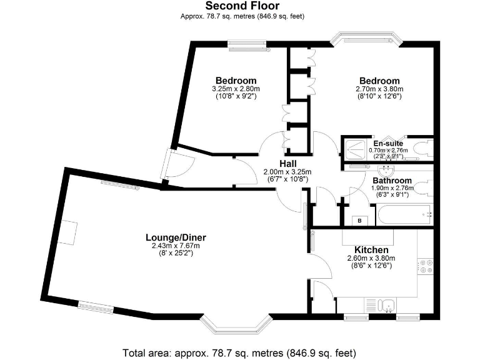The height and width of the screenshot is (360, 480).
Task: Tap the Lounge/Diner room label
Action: [x=176, y=237]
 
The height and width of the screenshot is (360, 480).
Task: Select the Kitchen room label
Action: [x=371, y=249]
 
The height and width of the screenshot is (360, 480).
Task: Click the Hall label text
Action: [x=287, y=163]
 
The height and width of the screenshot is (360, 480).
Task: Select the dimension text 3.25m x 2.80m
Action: [x=236, y=89]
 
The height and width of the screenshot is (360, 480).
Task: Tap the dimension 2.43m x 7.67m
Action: [x=176, y=246]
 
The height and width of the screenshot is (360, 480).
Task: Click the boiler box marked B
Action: [x=360, y=220]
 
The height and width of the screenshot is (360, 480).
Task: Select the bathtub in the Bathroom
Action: [x=405, y=216]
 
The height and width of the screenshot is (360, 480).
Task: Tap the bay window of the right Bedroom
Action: [x=366, y=39]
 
